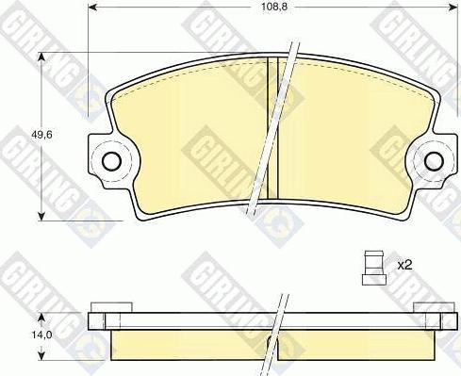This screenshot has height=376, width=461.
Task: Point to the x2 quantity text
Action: tap(405, 265)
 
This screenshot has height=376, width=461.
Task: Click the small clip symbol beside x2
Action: tap(375, 265)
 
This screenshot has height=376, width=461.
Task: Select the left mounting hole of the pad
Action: tap(111, 160)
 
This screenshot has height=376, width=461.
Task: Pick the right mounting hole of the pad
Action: tap(434, 160)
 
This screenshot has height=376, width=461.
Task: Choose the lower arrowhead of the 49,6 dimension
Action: tap(41, 214)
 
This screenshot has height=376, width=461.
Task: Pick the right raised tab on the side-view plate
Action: tap(432, 306)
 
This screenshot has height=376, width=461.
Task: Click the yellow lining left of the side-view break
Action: tap(189, 344)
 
